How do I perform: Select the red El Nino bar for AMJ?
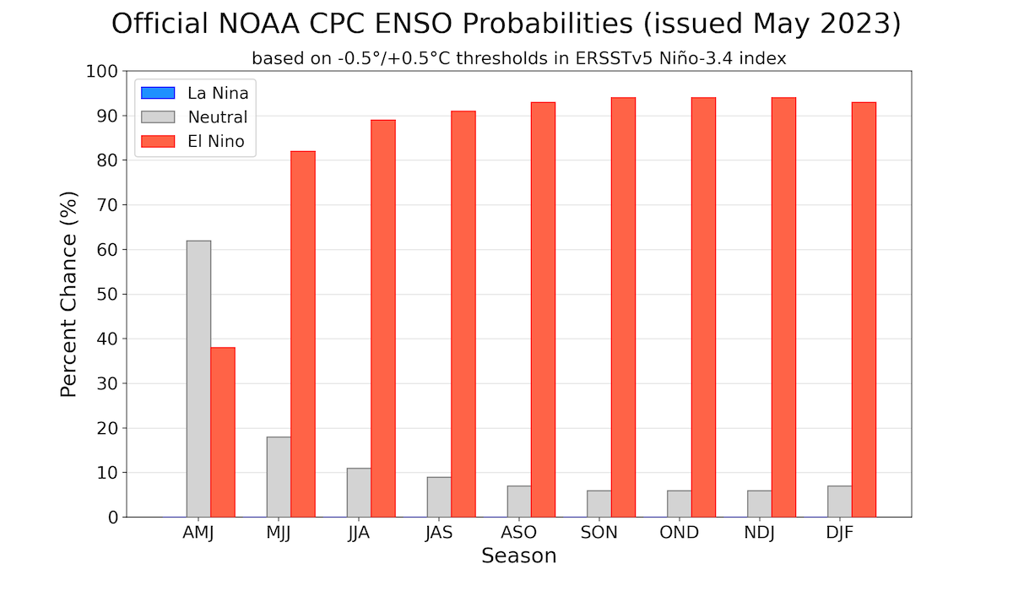223,431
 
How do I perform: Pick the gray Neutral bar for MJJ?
279,476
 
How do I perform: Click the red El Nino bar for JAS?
463,313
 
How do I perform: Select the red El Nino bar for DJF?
864,309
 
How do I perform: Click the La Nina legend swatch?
158,93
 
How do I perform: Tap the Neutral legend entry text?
218,117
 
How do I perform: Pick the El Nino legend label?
216,142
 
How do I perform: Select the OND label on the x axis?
680,533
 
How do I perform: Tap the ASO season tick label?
519,533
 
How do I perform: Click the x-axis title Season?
519,556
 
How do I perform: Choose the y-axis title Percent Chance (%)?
70,295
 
